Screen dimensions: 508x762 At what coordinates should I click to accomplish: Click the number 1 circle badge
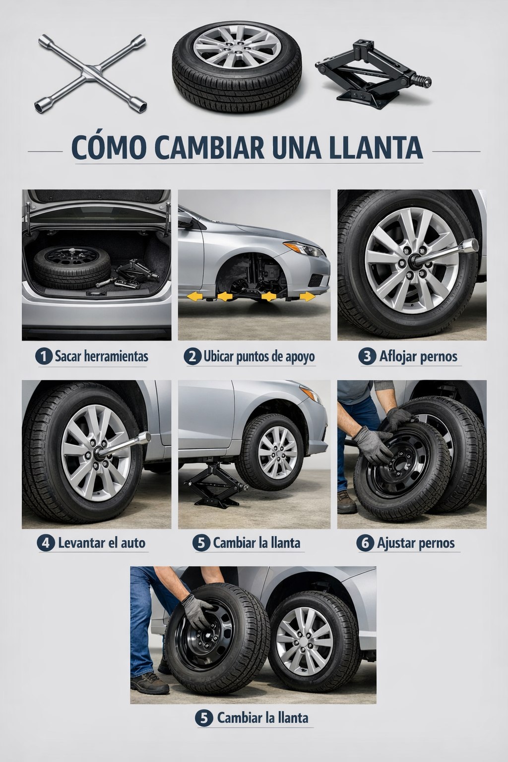[x=43, y=357]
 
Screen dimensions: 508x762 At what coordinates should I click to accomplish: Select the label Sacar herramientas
[x=101, y=357]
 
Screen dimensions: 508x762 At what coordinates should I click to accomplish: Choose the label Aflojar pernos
[x=418, y=357]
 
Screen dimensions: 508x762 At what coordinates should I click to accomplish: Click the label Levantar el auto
[x=102, y=543]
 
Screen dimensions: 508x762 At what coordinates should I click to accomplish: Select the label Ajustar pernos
[x=415, y=543]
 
